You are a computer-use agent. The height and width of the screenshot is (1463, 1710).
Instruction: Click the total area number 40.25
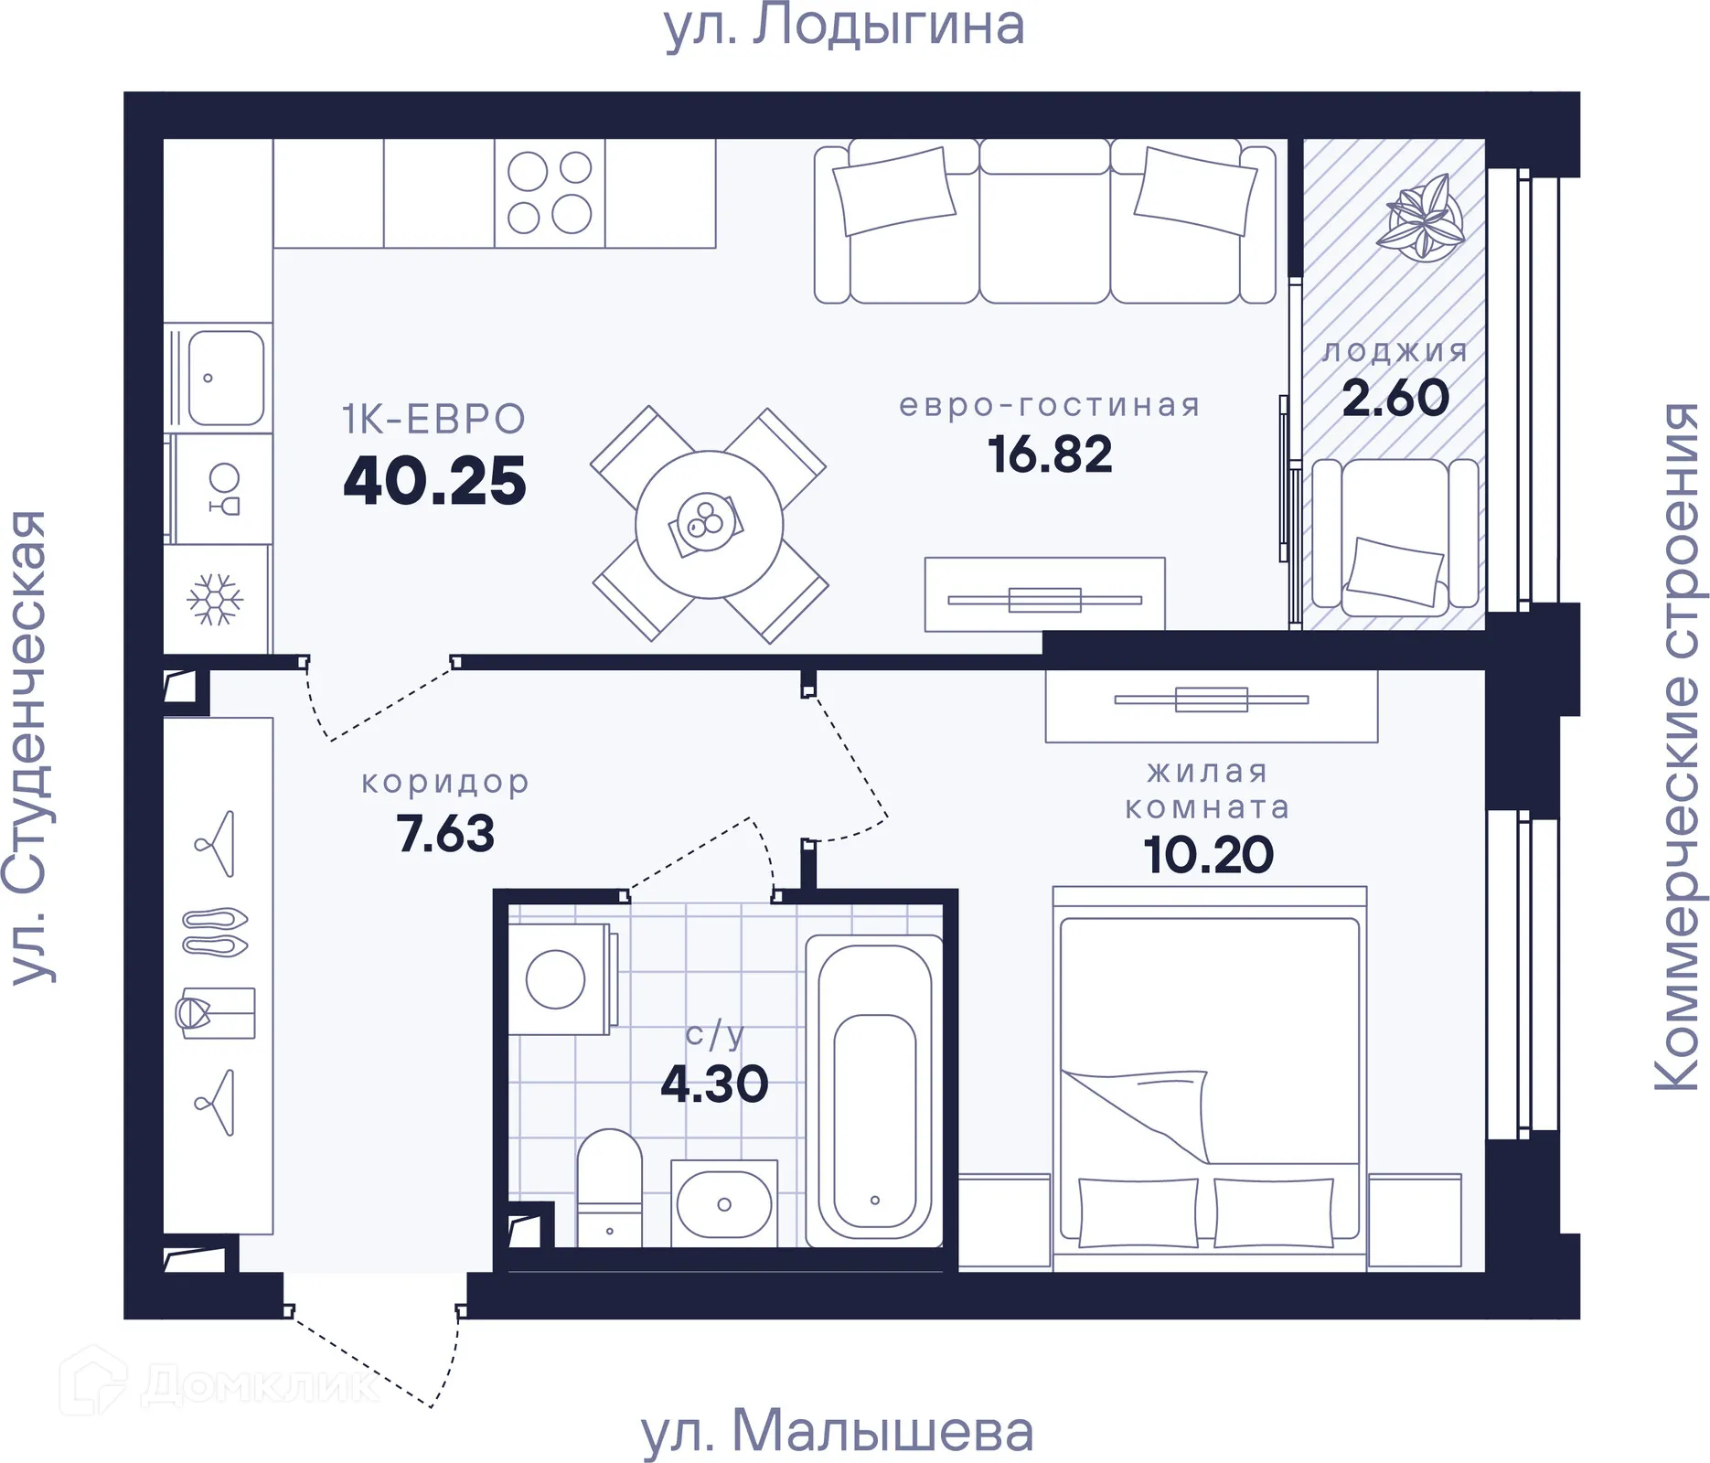(434, 482)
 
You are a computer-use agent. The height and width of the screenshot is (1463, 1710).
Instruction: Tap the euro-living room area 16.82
(1050, 454)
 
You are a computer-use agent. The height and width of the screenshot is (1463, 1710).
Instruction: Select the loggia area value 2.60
(1395, 398)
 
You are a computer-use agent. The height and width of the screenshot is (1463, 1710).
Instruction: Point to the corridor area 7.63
(445, 834)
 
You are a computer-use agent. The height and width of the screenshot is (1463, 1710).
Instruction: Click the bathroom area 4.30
(714, 1084)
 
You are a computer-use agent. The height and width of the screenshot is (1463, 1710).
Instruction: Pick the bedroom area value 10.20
(1208, 855)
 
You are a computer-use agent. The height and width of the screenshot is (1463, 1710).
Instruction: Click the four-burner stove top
(550, 193)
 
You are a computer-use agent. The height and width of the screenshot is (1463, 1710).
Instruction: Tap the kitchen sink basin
(226, 378)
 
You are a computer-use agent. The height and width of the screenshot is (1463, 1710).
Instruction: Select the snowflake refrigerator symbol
(215, 600)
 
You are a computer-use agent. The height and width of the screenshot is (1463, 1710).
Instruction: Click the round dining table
(709, 525)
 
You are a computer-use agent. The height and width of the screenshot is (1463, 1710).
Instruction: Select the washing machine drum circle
(555, 979)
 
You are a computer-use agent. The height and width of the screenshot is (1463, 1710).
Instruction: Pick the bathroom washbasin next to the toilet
(723, 1203)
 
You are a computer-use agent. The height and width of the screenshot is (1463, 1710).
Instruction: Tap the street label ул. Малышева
(837, 1431)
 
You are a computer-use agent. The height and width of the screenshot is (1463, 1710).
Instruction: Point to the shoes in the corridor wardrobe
(215, 932)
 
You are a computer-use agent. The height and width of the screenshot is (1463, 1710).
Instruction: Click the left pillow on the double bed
(1138, 1212)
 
